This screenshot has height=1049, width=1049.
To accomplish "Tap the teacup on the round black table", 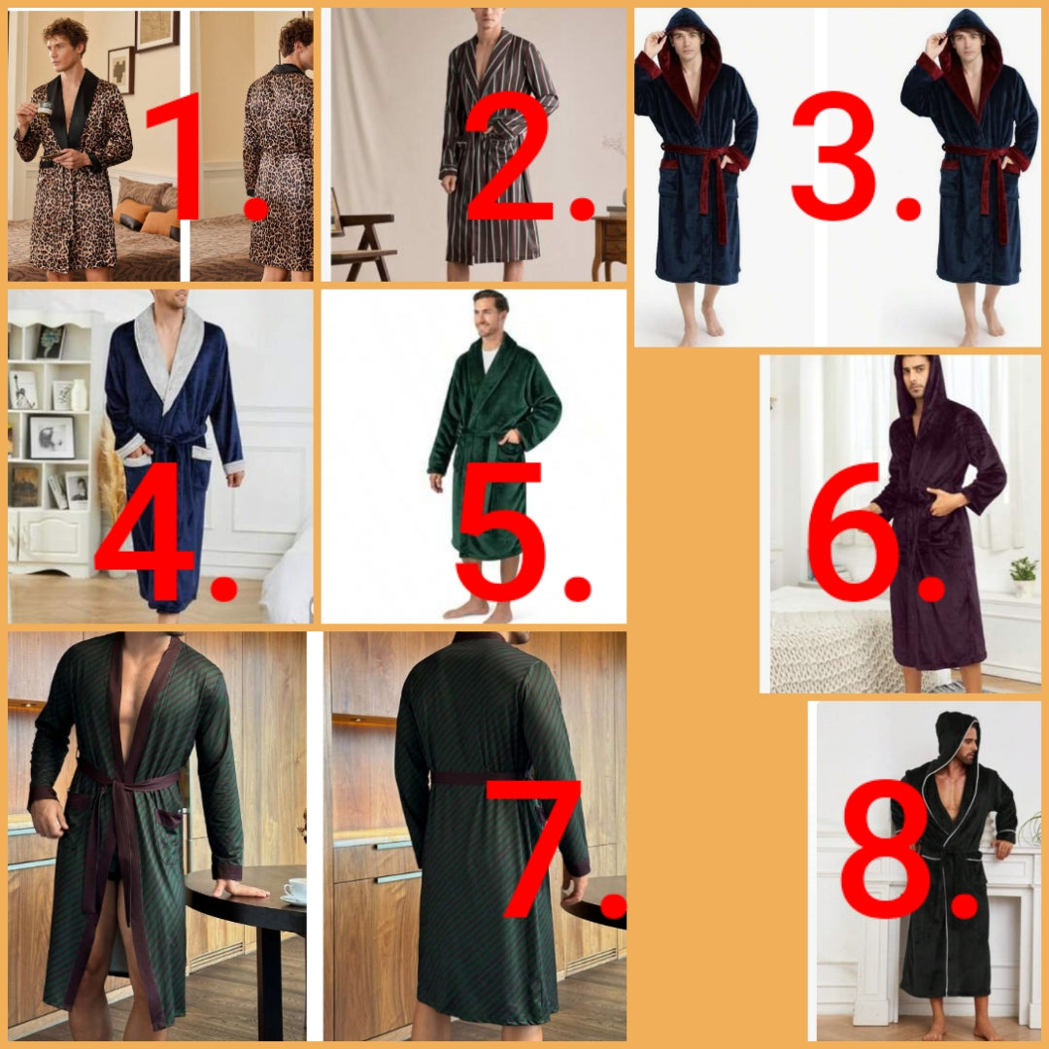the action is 294,891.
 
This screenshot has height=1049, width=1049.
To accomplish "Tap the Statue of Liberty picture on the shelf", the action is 22,389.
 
